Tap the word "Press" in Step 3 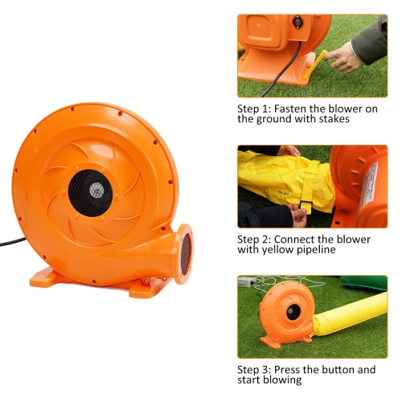[288, 370]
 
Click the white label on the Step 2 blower [370, 181]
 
